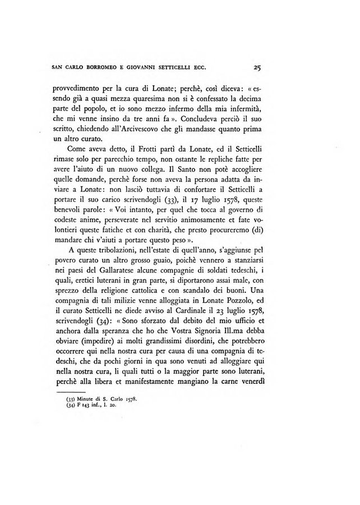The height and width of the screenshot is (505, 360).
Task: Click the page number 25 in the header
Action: click(x=258, y=70)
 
